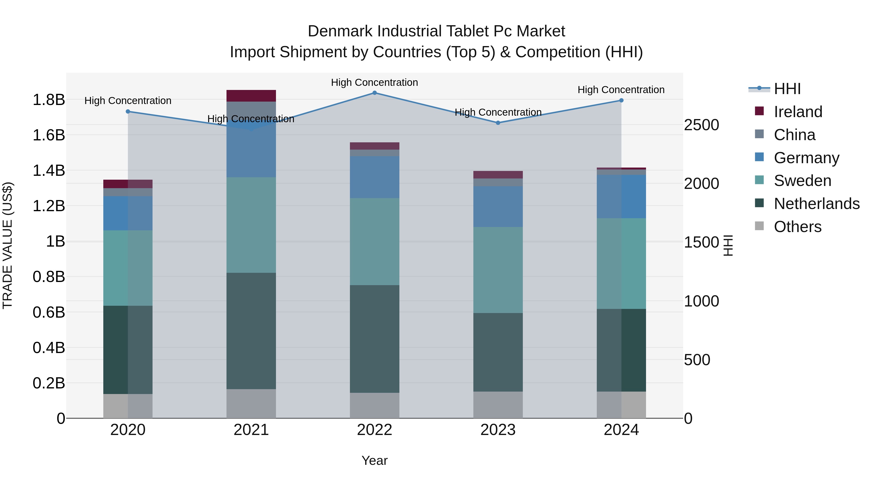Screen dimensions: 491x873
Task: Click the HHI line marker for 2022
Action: pyautogui.click(x=374, y=93)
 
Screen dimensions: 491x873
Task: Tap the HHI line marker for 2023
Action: pyautogui.click(x=498, y=123)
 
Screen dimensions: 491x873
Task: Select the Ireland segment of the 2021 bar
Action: pyautogui.click(x=251, y=96)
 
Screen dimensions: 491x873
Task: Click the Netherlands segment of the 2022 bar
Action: pyautogui.click(x=374, y=339)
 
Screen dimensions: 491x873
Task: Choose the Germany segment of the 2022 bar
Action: pyautogui.click(x=374, y=177)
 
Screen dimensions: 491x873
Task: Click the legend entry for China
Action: pyautogui.click(x=794, y=135)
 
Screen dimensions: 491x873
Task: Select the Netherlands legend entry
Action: pyautogui.click(x=816, y=204)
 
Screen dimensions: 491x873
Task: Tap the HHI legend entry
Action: pyautogui.click(x=787, y=89)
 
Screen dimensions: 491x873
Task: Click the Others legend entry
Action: pyautogui.click(x=797, y=227)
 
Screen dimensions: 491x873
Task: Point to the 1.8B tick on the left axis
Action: pyautogui.click(x=48, y=100)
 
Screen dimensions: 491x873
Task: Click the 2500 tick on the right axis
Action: pyautogui.click(x=701, y=125)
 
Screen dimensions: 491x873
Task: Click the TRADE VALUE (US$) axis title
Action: pyautogui.click(x=8, y=245)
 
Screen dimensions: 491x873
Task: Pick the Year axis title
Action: pyautogui.click(x=374, y=460)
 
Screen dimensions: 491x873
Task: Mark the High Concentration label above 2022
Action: pyautogui.click(x=374, y=82)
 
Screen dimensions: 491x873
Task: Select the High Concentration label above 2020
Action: pyautogui.click(x=128, y=101)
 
